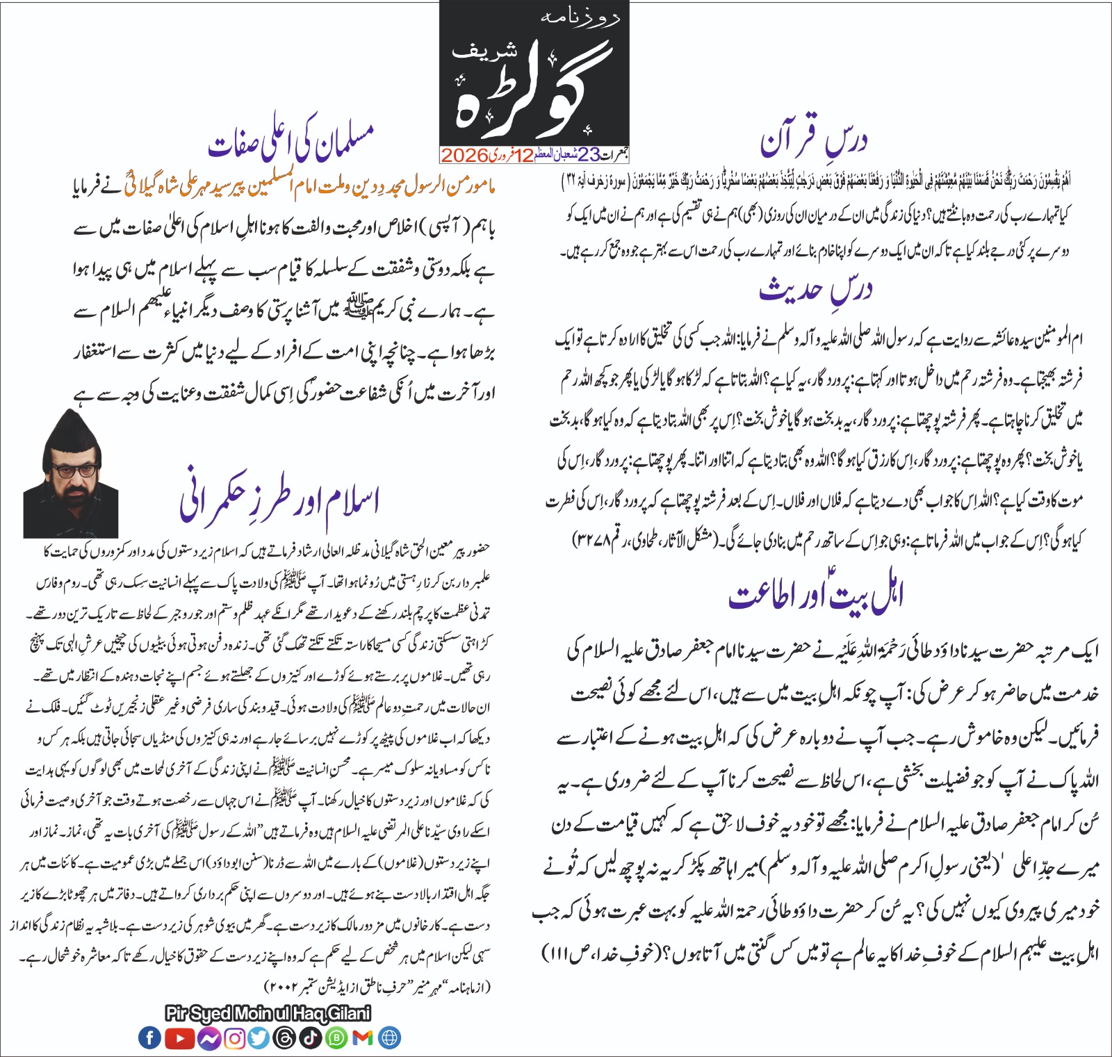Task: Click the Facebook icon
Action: pyautogui.click(x=149, y=1038)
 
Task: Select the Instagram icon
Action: pyautogui.click(x=235, y=1038)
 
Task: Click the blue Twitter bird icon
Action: pyautogui.click(x=259, y=1038)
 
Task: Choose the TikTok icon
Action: pyautogui.click(x=311, y=1038)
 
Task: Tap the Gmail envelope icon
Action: pyautogui.click(x=363, y=1038)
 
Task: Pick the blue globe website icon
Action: pyautogui.click(x=389, y=1038)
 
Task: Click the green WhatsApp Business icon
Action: pyautogui.click(x=337, y=1038)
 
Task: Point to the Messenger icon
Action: pyautogui.click(x=208, y=1038)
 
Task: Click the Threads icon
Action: pyautogui.click(x=285, y=1038)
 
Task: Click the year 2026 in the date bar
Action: pyautogui.click(x=464, y=155)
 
